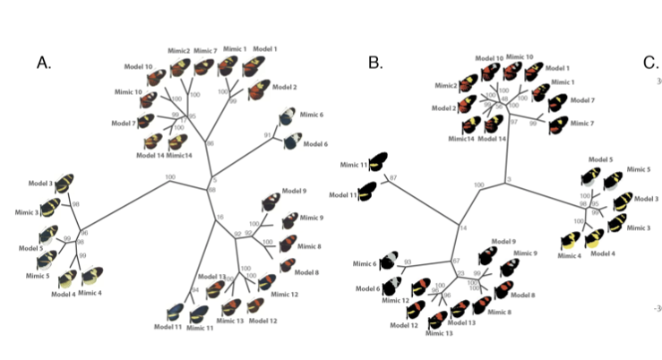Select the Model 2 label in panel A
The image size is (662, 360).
click(284, 87)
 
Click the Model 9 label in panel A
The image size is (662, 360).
click(294, 191)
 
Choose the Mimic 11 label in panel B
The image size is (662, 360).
click(350, 165)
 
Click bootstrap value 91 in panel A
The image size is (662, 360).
click(267, 134)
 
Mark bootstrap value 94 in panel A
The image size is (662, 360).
click(194, 290)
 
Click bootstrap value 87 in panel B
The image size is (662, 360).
click(392, 180)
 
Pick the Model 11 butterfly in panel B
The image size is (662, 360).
click(367, 190)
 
